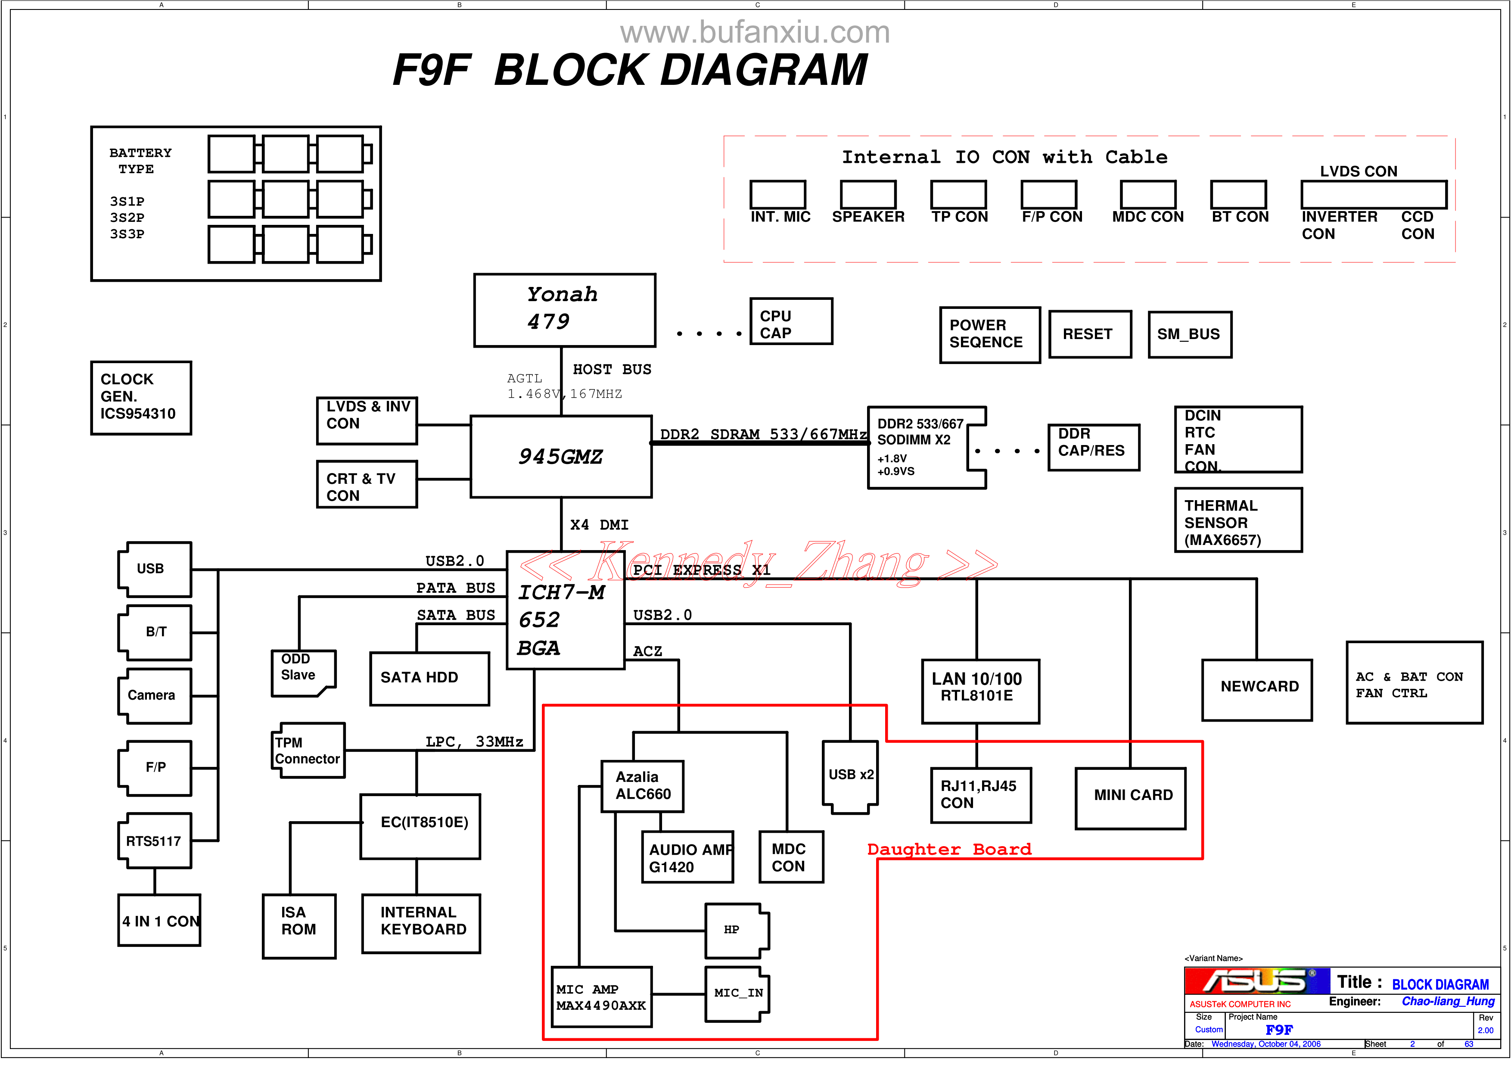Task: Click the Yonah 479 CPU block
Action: pos(564,310)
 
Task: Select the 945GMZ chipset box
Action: pos(561,456)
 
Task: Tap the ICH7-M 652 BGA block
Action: pos(565,619)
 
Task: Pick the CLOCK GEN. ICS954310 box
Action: pos(141,398)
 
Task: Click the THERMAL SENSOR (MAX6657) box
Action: pos(1238,520)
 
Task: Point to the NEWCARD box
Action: pos(1256,690)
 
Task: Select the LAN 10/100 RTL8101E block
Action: pos(980,691)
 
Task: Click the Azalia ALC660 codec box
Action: pos(642,786)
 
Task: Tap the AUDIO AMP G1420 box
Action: pos(687,857)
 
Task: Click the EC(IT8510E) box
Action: pos(420,826)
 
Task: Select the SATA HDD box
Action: pos(429,679)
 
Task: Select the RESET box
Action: pos(1090,334)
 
